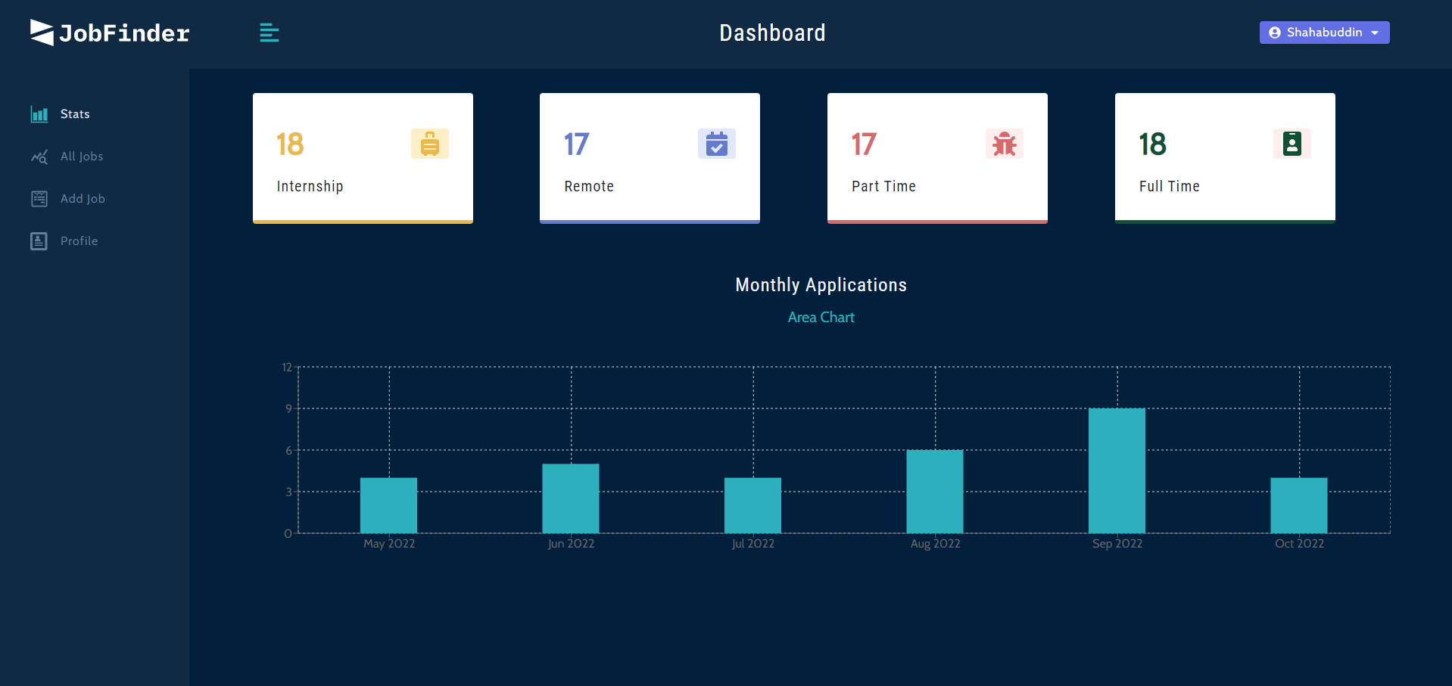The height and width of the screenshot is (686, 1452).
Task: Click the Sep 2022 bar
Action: coord(1117,470)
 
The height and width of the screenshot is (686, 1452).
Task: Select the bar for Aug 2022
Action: coord(935,492)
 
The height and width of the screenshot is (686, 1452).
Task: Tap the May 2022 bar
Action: coord(388,505)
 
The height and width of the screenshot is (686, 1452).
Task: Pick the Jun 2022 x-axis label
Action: coord(571,544)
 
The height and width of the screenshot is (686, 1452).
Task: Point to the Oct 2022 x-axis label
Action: coord(1299,544)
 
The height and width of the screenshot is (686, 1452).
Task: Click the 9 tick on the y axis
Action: coord(288,408)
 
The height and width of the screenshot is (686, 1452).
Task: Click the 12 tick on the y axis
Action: coord(287,368)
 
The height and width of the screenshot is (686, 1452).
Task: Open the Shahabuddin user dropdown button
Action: coord(1324,33)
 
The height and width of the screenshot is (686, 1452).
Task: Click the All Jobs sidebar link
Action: coord(82,157)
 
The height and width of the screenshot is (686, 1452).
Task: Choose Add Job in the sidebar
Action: coord(83,199)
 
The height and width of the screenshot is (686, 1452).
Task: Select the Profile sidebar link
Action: coord(79,241)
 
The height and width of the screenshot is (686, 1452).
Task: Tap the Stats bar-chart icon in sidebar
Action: coord(39,114)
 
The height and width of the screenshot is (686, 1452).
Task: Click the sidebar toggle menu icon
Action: coord(270,33)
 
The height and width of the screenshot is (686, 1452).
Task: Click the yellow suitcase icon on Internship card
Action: coord(429,144)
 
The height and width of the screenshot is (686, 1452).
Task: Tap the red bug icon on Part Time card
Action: coord(1004,144)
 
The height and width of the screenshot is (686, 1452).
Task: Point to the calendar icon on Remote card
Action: coord(716,144)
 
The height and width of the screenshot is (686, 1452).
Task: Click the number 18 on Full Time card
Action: coord(1152,144)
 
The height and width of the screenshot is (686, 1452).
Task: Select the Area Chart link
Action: coord(821,318)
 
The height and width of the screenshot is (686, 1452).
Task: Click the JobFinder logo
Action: coord(110,33)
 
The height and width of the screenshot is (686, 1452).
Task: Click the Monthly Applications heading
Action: coord(821,285)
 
